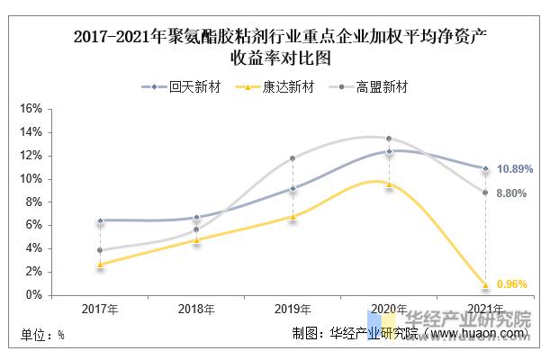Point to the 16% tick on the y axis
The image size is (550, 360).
(32, 108)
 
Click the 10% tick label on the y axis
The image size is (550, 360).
(32, 178)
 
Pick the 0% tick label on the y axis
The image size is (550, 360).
(35, 295)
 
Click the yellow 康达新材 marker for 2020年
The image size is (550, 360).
(389, 184)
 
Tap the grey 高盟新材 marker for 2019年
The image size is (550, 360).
(293, 158)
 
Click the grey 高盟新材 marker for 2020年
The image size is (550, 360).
(389, 139)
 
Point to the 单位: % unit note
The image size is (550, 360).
(42, 336)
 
